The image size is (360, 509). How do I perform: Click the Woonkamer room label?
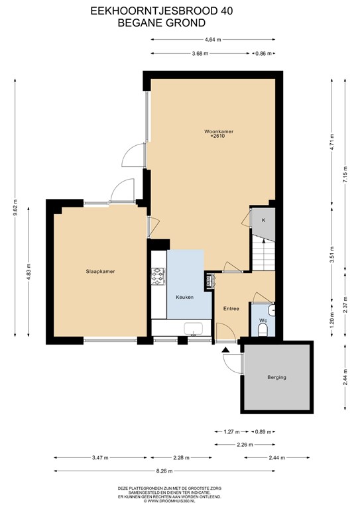click(x=218, y=131)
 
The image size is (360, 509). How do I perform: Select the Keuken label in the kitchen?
click(x=184, y=297)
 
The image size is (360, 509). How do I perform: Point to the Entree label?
click(x=231, y=308)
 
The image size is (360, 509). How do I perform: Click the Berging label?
click(x=277, y=377)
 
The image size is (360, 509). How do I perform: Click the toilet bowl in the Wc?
click(x=263, y=329)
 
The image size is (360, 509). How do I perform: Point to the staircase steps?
click(x=261, y=254)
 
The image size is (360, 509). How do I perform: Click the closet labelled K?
click(x=263, y=220)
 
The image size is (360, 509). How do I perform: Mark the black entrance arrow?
click(x=227, y=349)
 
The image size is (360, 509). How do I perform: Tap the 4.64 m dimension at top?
click(x=213, y=39)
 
